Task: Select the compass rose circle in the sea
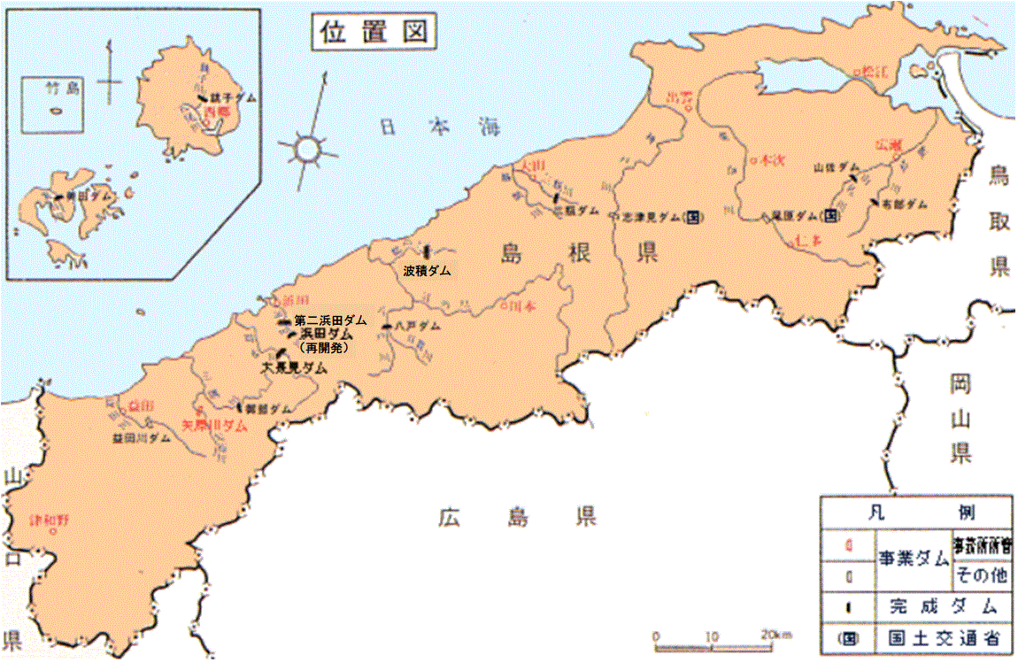click(306, 149)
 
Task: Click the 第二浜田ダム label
click(329, 320)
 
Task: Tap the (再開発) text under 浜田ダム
click(324, 348)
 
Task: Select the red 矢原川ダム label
click(212, 425)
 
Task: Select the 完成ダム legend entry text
click(940, 606)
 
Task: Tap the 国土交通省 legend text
click(940, 637)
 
